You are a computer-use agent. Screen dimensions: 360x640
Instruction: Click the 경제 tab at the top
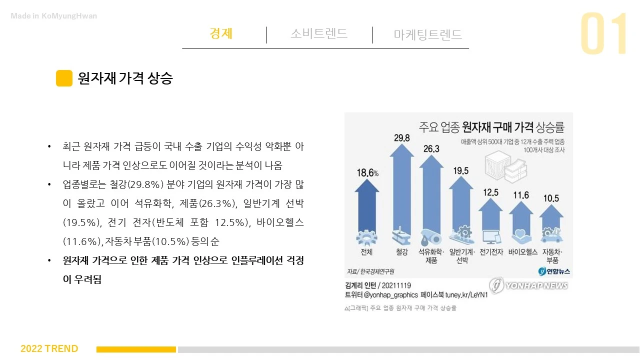tap(221, 33)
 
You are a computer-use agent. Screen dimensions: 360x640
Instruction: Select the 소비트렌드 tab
tap(319, 33)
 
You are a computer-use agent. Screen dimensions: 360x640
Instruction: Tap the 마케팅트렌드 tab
tap(427, 34)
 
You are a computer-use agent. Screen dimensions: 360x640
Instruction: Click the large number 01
tap(604, 34)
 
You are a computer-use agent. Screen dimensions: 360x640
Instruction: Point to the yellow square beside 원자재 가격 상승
tap(64, 78)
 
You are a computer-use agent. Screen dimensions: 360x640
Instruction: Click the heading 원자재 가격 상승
tap(125, 78)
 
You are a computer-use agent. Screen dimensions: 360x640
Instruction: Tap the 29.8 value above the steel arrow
tap(401, 138)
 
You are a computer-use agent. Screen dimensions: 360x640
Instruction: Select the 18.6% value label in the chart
tap(367, 173)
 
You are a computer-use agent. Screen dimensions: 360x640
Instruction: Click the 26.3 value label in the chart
tap(431, 149)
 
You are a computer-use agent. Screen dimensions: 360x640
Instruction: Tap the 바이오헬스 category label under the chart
tap(522, 252)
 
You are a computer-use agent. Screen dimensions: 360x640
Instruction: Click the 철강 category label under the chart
tap(401, 252)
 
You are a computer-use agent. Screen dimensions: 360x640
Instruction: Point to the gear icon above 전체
tap(366, 237)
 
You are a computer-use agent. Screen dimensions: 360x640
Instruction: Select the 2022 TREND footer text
tap(49, 348)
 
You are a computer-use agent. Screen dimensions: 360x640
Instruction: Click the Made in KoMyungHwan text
tap(54, 16)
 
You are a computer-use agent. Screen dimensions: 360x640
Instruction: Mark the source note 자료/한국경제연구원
tap(370, 271)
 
